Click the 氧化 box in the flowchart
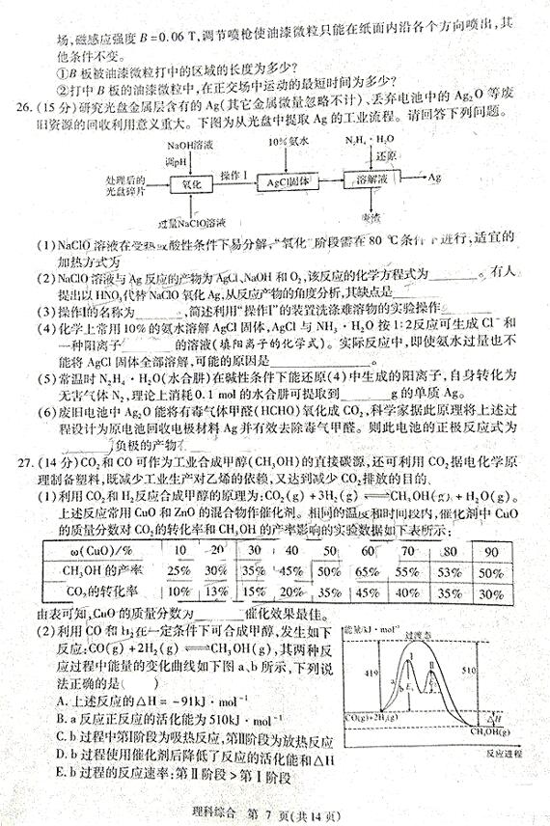[189, 182]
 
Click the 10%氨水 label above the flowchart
[285, 141]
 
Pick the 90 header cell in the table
[492, 550]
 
